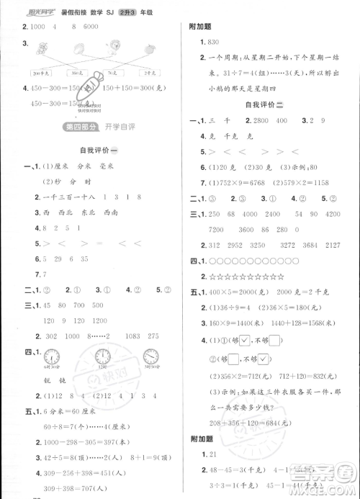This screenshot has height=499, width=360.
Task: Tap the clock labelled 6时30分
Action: point(52,356)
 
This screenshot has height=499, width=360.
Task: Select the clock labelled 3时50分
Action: point(150,356)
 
